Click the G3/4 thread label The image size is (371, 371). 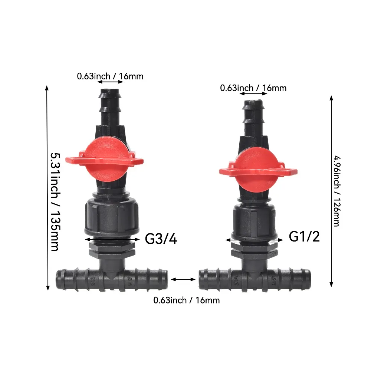pyautogui.click(x=161, y=239)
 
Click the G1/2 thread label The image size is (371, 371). pyautogui.click(x=304, y=236)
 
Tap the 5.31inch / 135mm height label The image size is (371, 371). pyautogui.click(x=55, y=202)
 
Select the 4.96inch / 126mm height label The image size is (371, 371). pyautogui.click(x=336, y=191)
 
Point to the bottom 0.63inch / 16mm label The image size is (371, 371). pyautogui.click(x=187, y=300)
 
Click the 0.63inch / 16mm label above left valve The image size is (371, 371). pyautogui.click(x=110, y=76)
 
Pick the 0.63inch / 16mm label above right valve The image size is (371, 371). pyautogui.click(x=253, y=88)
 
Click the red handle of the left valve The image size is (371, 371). pyautogui.click(x=104, y=159)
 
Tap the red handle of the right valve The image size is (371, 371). pyautogui.click(x=258, y=170)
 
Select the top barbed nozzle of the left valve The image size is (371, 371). pyautogui.click(x=110, y=107)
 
